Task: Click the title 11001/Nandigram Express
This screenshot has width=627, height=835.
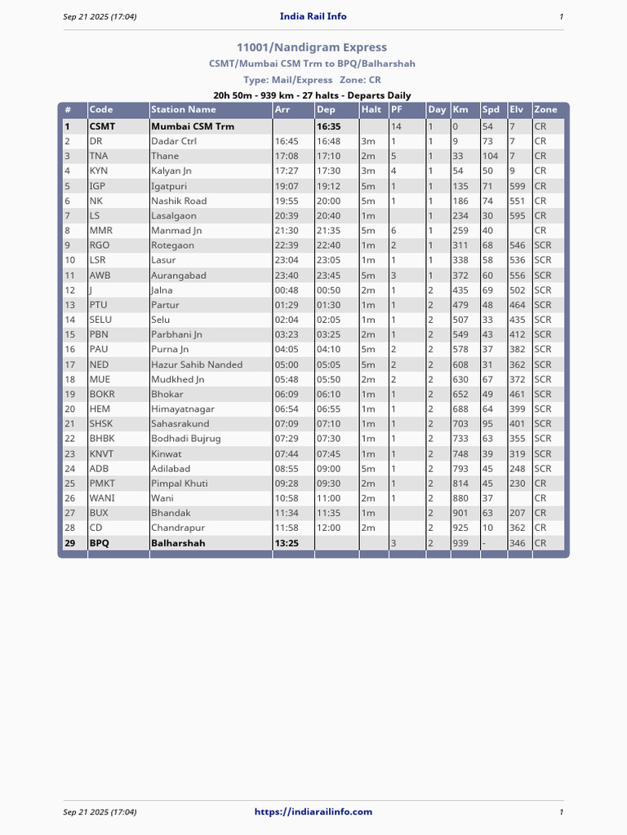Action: (312, 47)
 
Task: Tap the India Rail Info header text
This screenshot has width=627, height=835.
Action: (313, 16)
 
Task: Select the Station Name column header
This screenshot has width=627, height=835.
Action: (184, 109)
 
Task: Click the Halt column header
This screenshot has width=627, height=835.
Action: (371, 109)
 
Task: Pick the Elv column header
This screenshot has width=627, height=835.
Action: (516, 109)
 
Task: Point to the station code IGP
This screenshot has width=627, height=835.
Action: (98, 186)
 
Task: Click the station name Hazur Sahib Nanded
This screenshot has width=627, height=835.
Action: (197, 364)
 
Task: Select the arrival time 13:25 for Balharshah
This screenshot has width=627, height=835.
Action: (286, 543)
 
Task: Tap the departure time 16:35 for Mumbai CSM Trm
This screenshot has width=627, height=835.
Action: (328, 126)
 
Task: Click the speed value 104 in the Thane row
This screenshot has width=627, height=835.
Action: (490, 156)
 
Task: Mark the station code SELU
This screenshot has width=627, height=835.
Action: (100, 320)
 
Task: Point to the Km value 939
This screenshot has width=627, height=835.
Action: (460, 543)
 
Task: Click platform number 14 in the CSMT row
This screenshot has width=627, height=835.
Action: (396, 126)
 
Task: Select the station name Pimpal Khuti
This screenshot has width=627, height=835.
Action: (180, 484)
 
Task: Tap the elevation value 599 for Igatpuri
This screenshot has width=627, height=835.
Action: (518, 186)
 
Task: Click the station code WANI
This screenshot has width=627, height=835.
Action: (102, 498)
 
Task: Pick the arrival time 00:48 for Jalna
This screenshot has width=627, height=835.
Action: (286, 290)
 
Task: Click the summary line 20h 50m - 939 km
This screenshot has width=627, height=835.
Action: (312, 95)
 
